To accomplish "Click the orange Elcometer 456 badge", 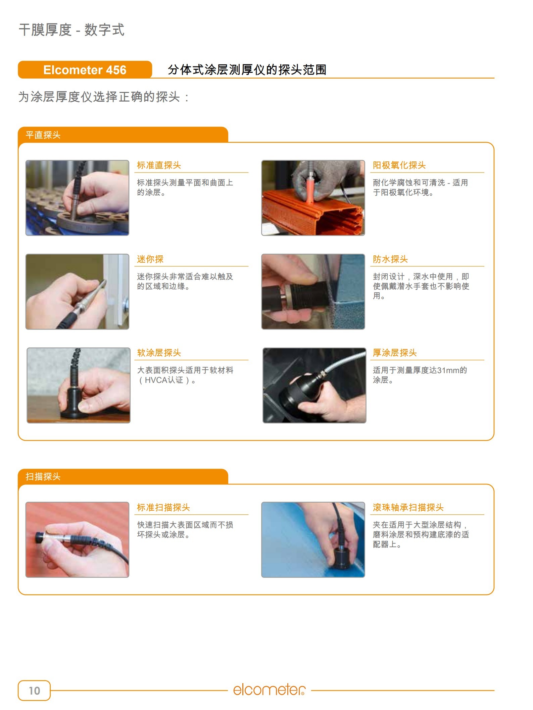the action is coord(85,70).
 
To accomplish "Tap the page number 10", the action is coord(34,691).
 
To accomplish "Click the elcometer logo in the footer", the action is coord(270,690).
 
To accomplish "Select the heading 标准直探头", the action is coord(159,165).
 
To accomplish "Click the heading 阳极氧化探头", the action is coord(399,165).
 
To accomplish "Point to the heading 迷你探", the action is coord(150,259).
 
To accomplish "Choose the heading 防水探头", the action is coord(390,259).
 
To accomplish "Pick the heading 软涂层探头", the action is coord(159,353).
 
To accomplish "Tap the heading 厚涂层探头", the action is coord(395,353).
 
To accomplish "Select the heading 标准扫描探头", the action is coord(163,507).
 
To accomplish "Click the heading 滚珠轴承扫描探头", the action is coord(408,507).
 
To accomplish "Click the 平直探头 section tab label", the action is coord(43,135).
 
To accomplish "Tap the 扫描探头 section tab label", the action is coord(43,476).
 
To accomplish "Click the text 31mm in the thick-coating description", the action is coord(448,370).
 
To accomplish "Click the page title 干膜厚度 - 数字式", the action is coord(71,30).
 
